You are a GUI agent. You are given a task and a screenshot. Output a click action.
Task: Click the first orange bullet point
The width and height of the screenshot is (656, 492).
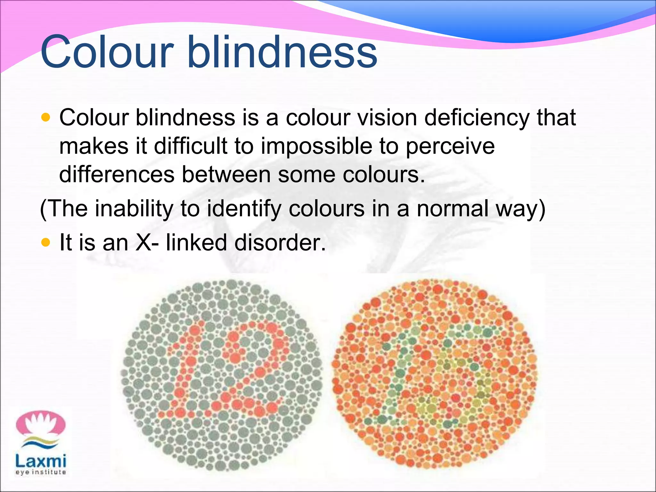46,118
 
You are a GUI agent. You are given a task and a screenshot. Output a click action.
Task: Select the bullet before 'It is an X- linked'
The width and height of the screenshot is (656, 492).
46,242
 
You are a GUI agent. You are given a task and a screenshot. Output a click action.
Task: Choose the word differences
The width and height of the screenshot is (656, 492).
117,175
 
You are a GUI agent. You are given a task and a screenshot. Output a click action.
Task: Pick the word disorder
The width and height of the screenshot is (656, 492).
280,242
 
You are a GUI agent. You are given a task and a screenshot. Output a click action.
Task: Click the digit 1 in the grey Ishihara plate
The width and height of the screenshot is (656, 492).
186,372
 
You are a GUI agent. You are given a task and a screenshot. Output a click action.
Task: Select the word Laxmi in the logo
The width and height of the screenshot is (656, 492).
41,461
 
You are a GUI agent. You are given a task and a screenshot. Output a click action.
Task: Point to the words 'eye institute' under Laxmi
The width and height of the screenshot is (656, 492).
41,472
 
